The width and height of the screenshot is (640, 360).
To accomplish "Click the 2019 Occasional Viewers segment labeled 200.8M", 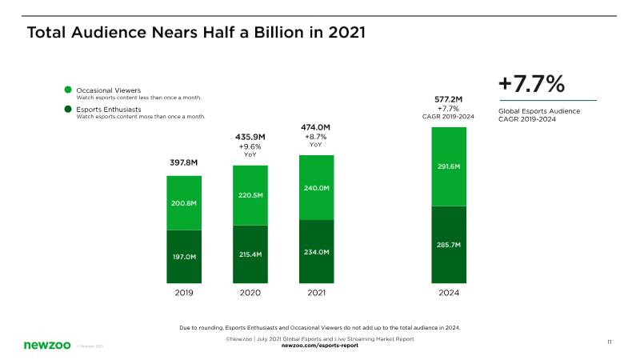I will [184, 203].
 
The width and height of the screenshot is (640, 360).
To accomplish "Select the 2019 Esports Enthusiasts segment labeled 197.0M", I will [184, 257].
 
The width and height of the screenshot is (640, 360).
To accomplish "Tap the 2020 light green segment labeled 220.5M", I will [250, 195].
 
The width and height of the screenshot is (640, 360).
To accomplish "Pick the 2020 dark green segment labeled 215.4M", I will [250, 254].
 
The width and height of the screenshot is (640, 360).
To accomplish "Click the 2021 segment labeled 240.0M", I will [317, 187].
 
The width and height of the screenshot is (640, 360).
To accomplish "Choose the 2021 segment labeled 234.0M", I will [317, 251].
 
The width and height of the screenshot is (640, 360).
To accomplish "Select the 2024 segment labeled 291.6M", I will [449, 166].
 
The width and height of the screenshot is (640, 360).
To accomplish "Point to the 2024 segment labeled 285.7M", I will [449, 244].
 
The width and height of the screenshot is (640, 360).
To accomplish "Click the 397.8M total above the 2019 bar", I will [183, 163].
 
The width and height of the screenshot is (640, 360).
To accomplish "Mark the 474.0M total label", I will [316, 127].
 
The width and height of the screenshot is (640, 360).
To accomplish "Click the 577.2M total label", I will [449, 99].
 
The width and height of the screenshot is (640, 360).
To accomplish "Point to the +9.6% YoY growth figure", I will [250, 147].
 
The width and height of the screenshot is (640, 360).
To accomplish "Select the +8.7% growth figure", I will [316, 137].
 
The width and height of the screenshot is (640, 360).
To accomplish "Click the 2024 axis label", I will [449, 293].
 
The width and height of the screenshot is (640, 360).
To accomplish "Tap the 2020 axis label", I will [250, 293].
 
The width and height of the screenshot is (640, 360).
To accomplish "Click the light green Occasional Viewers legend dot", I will [69, 90].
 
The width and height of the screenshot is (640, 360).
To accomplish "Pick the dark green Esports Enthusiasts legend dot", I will [69, 109].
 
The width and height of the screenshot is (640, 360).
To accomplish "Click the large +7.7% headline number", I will [531, 83].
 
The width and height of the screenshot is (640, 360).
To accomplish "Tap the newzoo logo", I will [46, 345].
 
